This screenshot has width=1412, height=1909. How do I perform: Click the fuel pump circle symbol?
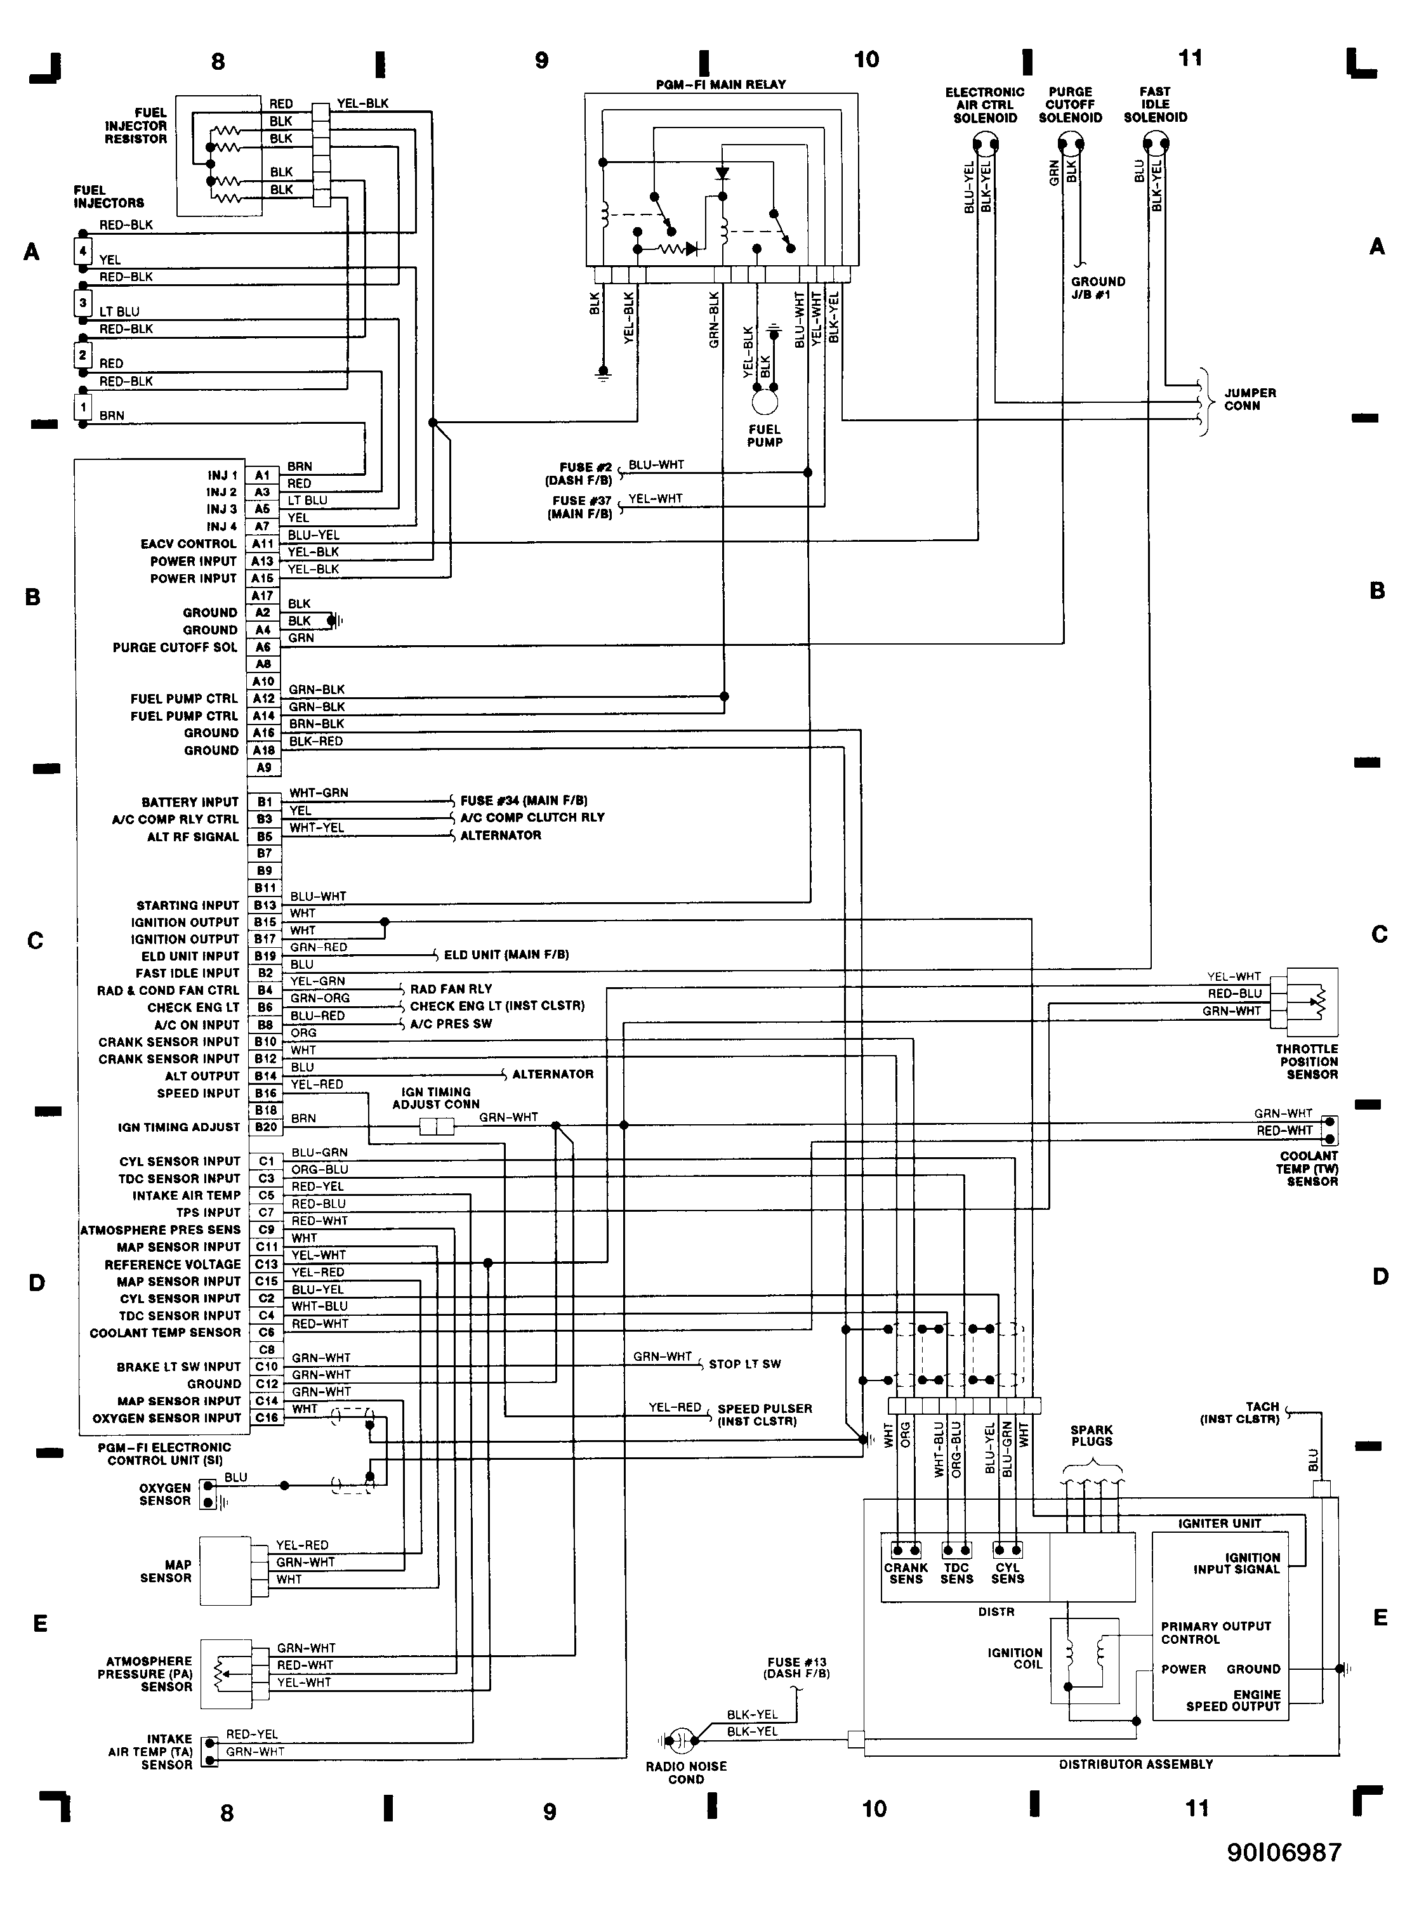pyautogui.click(x=765, y=399)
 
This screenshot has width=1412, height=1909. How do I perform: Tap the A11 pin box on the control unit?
pyautogui.click(x=262, y=544)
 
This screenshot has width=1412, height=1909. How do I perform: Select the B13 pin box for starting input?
pyautogui.click(x=264, y=905)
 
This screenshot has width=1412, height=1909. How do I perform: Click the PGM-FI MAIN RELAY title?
pyautogui.click(x=720, y=84)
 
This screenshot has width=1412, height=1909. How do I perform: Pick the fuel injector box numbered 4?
pyautogui.click(x=83, y=251)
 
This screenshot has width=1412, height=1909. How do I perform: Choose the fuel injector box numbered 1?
pyautogui.click(x=83, y=407)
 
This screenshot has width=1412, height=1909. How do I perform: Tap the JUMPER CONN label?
pyautogui.click(x=1250, y=399)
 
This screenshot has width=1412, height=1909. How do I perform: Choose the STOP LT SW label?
pyautogui.click(x=744, y=1364)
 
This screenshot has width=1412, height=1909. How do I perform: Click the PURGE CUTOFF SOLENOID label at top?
pyautogui.click(x=1070, y=104)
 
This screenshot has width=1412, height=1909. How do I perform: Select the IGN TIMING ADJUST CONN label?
pyautogui.click(x=436, y=1098)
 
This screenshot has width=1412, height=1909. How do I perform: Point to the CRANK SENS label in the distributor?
pyautogui.click(x=906, y=1573)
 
